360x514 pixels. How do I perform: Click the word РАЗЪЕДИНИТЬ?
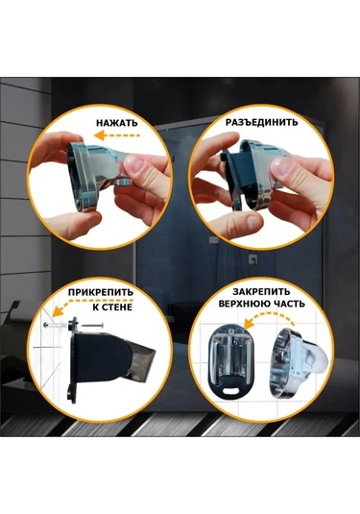pos(256,123)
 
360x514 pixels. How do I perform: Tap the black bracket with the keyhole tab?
pos(228,366)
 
